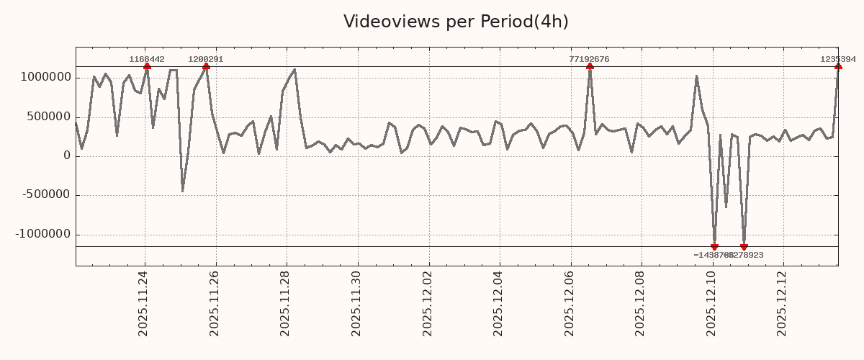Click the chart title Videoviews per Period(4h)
tap(456, 22)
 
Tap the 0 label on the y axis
tap(67, 156)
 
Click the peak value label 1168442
tap(147, 59)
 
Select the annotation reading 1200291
tap(206, 59)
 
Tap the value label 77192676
tap(589, 59)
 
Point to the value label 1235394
tap(838, 59)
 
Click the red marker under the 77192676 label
tap(590, 66)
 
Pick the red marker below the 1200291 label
tap(206, 66)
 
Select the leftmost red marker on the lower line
tap(714, 247)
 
